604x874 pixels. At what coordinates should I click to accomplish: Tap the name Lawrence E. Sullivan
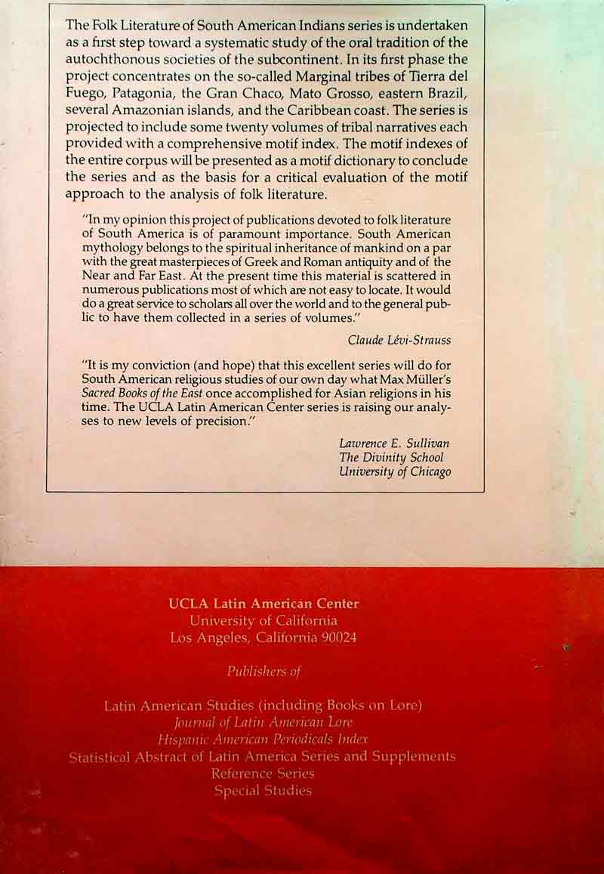tap(394, 443)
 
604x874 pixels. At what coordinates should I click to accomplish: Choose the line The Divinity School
tap(391, 458)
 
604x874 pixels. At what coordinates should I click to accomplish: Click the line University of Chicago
tap(395, 472)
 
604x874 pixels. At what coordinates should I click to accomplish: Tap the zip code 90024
tap(335, 638)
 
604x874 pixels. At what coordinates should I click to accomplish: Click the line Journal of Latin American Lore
tap(263, 722)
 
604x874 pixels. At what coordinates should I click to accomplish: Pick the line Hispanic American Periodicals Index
tap(263, 739)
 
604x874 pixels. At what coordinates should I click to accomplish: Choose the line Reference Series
tap(263, 774)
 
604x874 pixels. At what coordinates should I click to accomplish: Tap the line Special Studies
tap(263, 791)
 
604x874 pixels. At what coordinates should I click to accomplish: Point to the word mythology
tap(112, 248)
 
